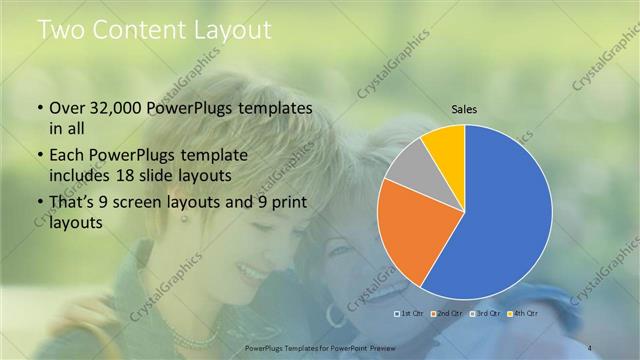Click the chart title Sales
(x=464, y=108)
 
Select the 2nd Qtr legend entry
(x=446, y=314)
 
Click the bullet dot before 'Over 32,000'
(x=39, y=108)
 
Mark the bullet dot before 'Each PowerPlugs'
(x=39, y=156)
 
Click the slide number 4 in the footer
(x=590, y=347)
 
